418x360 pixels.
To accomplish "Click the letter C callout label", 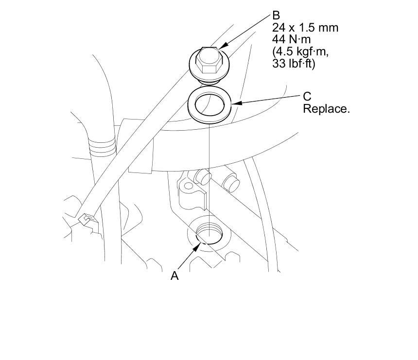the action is coord(307,97).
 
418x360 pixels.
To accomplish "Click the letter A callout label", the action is coord(175,276).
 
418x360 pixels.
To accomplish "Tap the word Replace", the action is coord(326,108).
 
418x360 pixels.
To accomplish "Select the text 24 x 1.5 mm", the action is coord(305,28).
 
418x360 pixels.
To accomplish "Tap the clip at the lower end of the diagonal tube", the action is coord(86,221).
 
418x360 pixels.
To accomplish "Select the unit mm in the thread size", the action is coord(329,28).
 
